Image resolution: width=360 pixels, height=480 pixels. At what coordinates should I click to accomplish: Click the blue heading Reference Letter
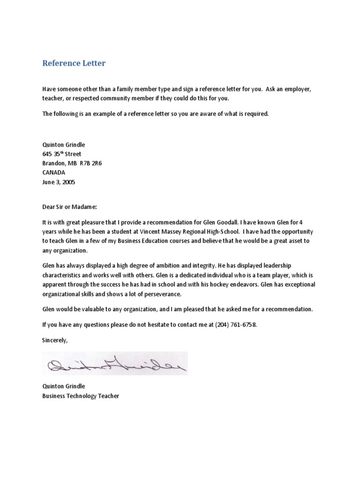click(74, 63)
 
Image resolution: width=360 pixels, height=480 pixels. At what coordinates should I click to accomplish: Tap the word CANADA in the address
click(54, 172)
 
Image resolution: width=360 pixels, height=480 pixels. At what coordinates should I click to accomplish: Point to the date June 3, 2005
click(59, 182)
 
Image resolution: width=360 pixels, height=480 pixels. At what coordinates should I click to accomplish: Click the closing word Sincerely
click(55, 340)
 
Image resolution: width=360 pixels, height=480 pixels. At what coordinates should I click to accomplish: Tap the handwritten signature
click(115, 363)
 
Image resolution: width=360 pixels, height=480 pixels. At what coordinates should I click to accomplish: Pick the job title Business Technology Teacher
click(81, 396)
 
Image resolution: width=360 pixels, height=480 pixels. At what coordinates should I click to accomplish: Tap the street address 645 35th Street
click(61, 154)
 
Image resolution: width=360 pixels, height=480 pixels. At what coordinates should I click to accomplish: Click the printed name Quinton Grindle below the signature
click(64, 386)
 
